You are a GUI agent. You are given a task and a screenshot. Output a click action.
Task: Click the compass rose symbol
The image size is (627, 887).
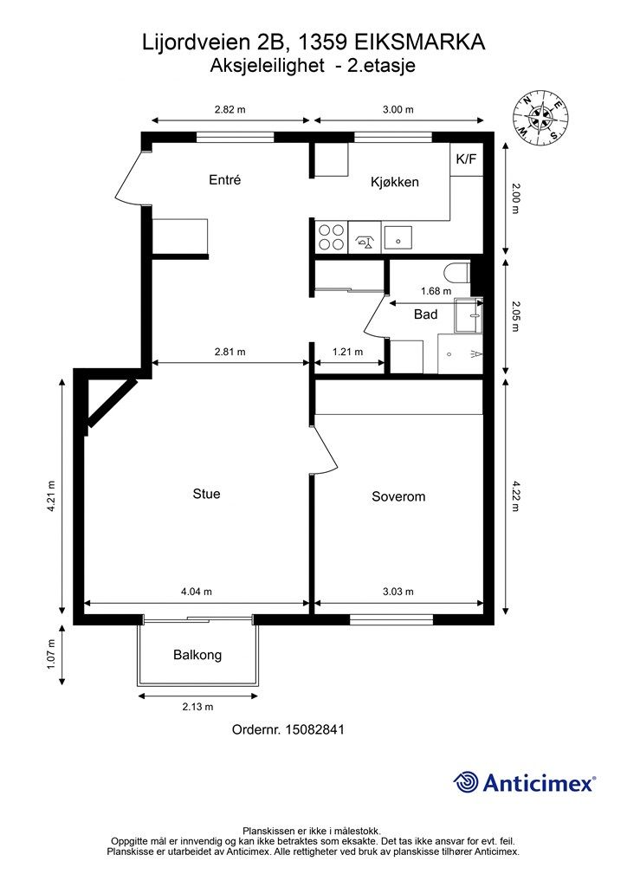click(x=540, y=118)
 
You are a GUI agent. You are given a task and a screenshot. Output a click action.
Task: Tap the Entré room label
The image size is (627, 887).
click(x=225, y=180)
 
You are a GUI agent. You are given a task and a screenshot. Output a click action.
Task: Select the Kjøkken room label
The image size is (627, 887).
click(x=395, y=182)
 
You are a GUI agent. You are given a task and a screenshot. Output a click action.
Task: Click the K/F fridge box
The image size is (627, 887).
click(x=467, y=159)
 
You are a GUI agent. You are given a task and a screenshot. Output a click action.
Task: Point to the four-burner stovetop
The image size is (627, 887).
click(x=332, y=237)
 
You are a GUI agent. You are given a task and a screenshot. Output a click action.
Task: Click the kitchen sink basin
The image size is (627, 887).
click(x=398, y=238)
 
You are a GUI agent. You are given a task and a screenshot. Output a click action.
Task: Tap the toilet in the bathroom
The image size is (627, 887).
click(x=456, y=273)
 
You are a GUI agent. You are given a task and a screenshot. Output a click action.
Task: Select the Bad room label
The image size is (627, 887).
click(x=426, y=314)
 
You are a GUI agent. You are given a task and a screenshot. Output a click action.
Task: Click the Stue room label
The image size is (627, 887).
click(x=206, y=493)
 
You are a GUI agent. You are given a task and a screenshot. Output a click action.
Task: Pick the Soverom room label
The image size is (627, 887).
click(x=398, y=496)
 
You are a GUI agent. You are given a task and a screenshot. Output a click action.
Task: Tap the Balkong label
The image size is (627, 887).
click(x=197, y=655)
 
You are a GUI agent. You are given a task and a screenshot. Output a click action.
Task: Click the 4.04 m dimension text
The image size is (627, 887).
click(x=197, y=592)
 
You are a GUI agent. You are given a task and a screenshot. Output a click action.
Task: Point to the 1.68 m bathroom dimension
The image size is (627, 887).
click(x=436, y=291)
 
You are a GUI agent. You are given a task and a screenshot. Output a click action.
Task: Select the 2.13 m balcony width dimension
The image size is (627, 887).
click(x=197, y=707)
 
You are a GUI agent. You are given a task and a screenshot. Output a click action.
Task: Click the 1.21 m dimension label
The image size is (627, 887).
click(x=347, y=352)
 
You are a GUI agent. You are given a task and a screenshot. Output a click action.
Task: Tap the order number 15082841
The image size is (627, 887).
click(x=315, y=729)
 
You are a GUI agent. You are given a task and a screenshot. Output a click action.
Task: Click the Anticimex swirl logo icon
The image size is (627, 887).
click(x=465, y=782)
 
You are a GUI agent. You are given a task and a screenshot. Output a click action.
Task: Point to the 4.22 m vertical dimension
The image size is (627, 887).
click(x=515, y=495)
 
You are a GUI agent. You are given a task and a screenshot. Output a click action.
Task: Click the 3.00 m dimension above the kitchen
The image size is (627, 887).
click(x=398, y=110)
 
